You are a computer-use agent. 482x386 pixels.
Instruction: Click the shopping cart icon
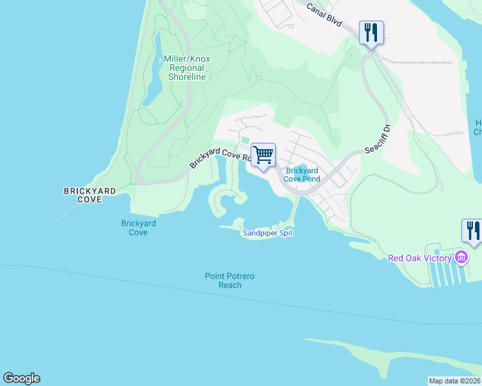pos(263,155)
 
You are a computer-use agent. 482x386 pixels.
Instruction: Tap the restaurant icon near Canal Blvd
pos(371,32)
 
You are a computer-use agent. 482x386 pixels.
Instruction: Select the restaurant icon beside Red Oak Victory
pos(472,231)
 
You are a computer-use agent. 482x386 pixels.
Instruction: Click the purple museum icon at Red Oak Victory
pos(461,258)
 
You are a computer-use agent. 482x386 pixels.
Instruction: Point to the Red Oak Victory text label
pos(420,259)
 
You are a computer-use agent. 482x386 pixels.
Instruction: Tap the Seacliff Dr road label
pos(378,140)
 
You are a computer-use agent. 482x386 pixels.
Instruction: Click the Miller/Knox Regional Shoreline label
pos(187,68)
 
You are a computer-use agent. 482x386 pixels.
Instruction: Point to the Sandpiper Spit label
pos(267,234)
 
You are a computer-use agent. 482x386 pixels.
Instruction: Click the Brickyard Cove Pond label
pos(302,175)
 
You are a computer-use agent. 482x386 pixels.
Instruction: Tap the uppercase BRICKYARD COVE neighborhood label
pos(90,196)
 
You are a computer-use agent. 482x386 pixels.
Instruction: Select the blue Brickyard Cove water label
pos(138,228)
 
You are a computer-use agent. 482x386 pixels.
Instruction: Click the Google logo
pos(21,378)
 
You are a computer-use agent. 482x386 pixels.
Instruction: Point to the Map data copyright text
pos(454,381)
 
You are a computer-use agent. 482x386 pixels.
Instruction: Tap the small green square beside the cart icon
pos(244,141)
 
